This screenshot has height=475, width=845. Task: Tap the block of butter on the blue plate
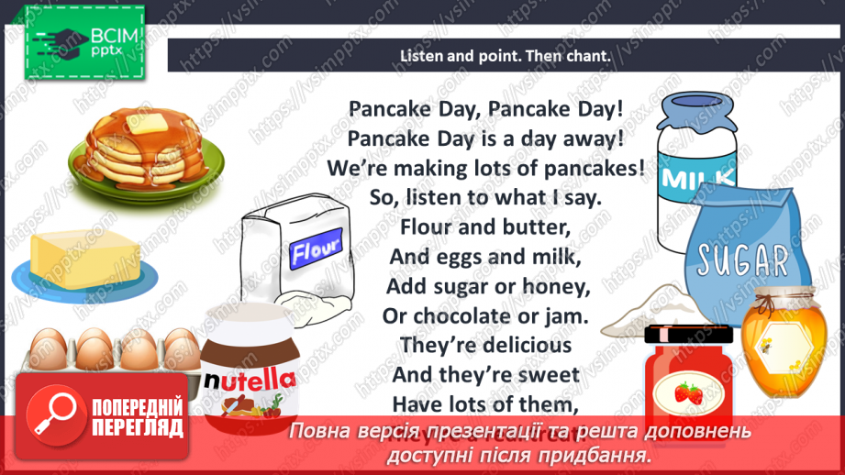(83, 255)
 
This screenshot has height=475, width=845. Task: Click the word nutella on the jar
(249, 379)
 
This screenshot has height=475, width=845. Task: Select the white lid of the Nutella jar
(248, 321)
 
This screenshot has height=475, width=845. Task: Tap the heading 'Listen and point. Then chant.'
(505, 56)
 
